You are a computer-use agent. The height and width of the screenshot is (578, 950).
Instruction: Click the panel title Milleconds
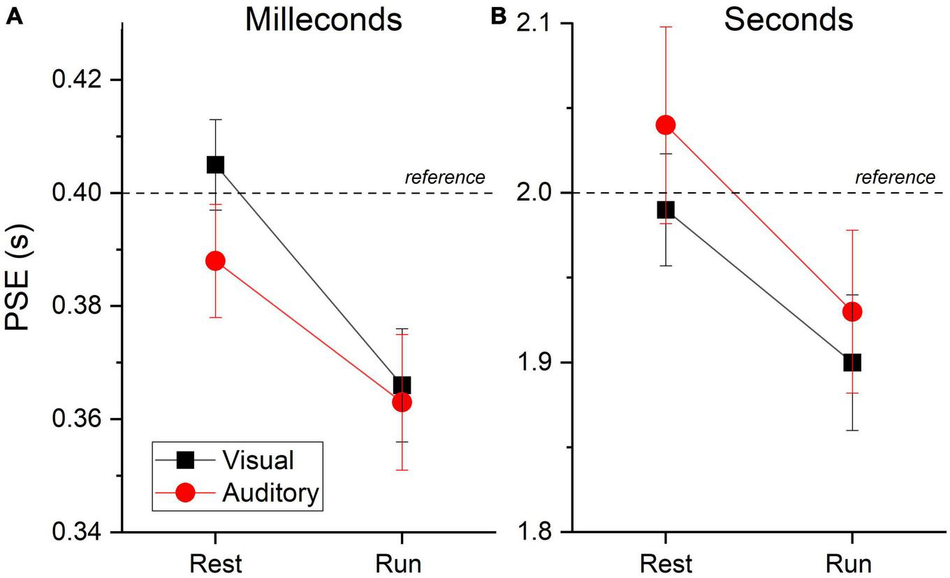tap(323, 20)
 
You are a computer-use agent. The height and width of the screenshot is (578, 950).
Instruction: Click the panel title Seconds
tap(788, 20)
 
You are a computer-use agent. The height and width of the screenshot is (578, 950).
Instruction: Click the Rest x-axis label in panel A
tap(215, 563)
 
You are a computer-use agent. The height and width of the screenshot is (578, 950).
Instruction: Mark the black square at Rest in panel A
tap(215, 165)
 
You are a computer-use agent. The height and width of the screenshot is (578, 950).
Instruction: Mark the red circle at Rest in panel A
tap(215, 261)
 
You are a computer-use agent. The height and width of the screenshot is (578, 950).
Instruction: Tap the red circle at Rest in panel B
tap(666, 125)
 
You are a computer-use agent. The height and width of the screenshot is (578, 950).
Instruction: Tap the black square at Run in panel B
tap(852, 363)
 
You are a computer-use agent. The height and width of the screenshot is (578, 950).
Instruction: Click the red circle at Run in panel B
tap(852, 312)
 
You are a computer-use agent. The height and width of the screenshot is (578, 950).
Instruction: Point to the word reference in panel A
tap(444, 178)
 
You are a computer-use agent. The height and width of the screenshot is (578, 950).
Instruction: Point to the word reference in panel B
tap(895, 178)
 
